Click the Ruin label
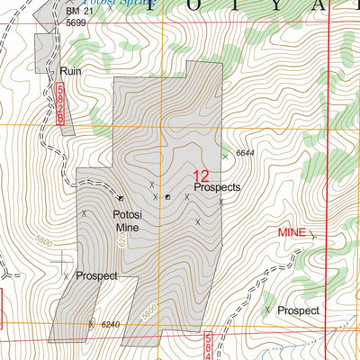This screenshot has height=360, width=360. coord(72,70)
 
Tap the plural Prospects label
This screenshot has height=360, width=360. coord(217,188)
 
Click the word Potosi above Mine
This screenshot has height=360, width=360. coord(127,214)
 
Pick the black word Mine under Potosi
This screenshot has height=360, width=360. coord(126,229)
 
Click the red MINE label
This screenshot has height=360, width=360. coord(291,232)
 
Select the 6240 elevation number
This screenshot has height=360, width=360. coord(109,325)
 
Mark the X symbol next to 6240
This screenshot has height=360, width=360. coord(91,323)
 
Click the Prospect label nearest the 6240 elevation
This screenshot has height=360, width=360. coord(96,275)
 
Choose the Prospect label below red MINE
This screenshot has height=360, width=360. coord(298,310)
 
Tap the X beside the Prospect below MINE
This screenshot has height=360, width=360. coord(268,310)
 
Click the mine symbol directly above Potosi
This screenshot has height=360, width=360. coord(121,198)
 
